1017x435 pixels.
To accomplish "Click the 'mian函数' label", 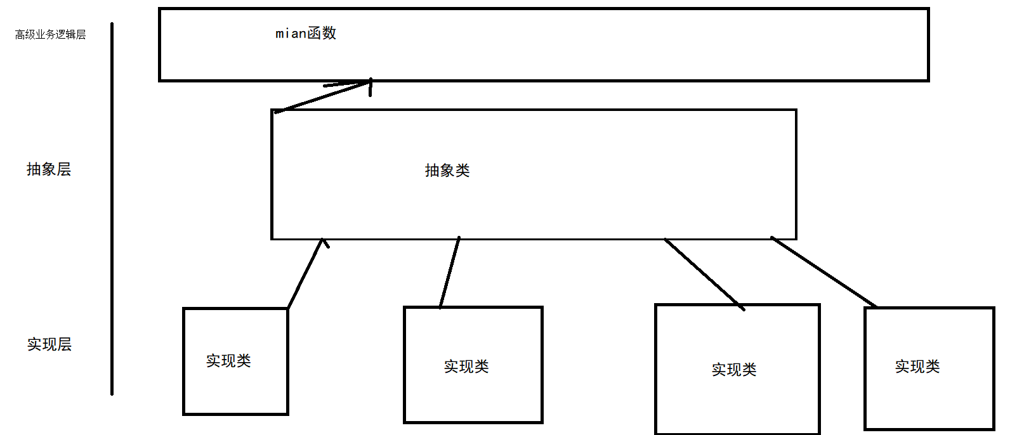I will pyautogui.click(x=306, y=34).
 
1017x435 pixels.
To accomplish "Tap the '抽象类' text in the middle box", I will pyautogui.click(x=447, y=171).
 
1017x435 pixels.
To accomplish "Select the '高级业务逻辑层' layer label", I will pyautogui.click(x=50, y=35).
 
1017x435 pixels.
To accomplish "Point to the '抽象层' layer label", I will pyautogui.click(x=49, y=169).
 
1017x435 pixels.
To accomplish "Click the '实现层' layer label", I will pyautogui.click(x=49, y=344).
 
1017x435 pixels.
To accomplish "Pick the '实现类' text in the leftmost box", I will pyautogui.click(x=228, y=361).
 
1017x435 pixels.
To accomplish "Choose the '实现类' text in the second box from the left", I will pyautogui.click(x=466, y=367).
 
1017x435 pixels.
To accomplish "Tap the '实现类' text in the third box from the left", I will pyautogui.click(x=734, y=370).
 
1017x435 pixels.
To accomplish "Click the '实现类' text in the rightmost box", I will pyautogui.click(x=917, y=367).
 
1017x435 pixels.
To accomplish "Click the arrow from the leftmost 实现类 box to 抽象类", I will pyautogui.click(x=306, y=274).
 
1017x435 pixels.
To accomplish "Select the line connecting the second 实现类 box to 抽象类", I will pyautogui.click(x=450, y=273).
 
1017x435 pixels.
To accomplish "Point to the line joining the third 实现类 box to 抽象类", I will pyautogui.click(x=704, y=274).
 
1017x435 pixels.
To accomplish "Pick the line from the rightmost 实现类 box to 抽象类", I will pyautogui.click(x=823, y=273).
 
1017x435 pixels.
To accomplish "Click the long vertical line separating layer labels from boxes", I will pyautogui.click(x=112, y=209).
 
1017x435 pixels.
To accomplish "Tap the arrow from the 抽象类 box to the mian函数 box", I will pyautogui.click(x=322, y=96).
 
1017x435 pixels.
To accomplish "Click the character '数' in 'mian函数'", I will pyautogui.click(x=329, y=34).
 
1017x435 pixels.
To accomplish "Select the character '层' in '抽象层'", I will pyautogui.click(x=64, y=169).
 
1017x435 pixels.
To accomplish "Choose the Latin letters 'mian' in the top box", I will pyautogui.click(x=291, y=34).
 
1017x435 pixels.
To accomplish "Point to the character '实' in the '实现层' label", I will pyautogui.click(x=34, y=344).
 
